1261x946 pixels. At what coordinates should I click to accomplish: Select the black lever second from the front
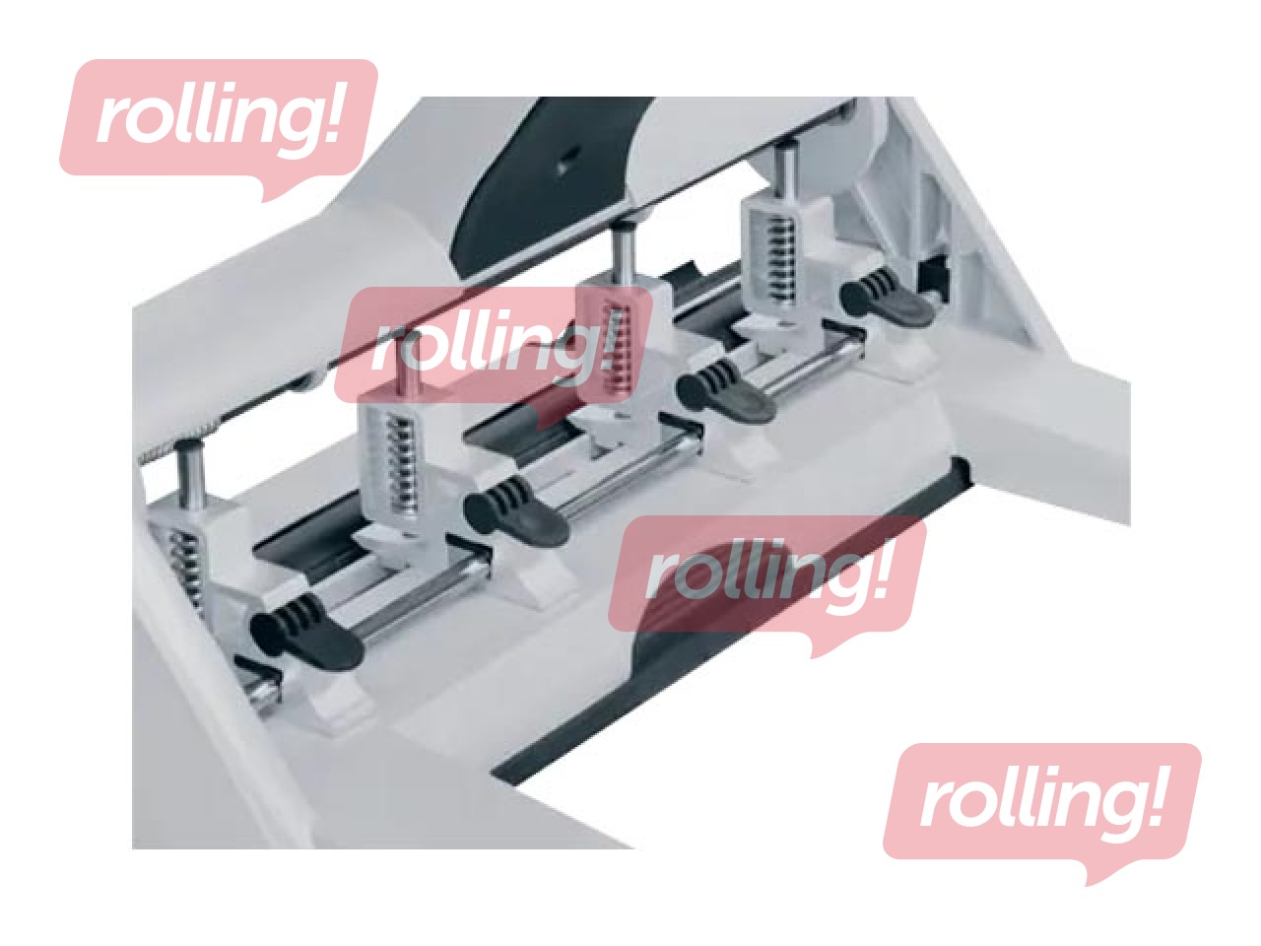coord(516,511)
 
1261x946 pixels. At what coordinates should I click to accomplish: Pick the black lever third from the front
coord(725,393)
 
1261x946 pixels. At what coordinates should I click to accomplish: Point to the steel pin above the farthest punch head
coord(786,170)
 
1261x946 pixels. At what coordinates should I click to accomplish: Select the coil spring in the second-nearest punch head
coord(404,466)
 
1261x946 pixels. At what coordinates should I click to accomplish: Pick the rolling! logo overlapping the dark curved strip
coord(766,579)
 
